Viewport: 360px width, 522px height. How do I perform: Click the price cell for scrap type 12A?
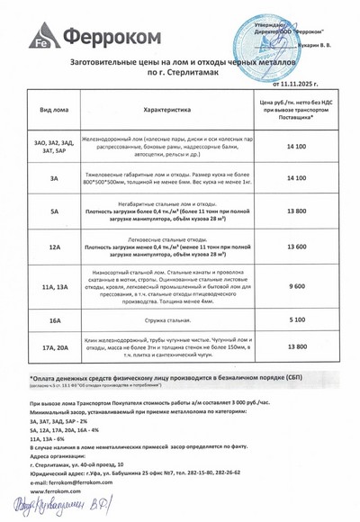click(296, 246)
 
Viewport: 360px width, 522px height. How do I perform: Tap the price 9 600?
click(296, 285)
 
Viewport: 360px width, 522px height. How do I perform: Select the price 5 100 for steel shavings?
click(296, 319)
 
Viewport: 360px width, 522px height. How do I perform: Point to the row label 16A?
click(54, 319)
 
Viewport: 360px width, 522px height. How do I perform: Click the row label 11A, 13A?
click(54, 285)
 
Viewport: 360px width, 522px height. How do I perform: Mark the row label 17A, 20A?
click(54, 346)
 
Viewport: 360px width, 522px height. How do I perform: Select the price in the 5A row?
click(296, 210)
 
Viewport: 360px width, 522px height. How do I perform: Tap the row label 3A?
click(54, 178)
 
